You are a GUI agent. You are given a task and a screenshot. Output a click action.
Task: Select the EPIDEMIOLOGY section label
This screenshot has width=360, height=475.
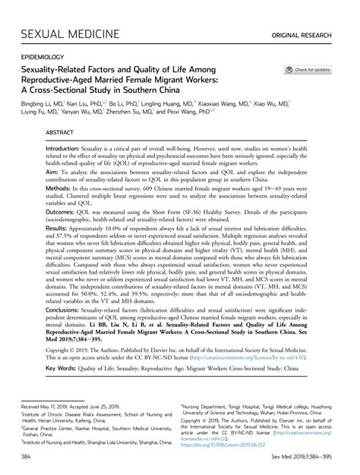43,56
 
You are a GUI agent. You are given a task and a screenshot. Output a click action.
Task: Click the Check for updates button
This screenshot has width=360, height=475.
308,70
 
